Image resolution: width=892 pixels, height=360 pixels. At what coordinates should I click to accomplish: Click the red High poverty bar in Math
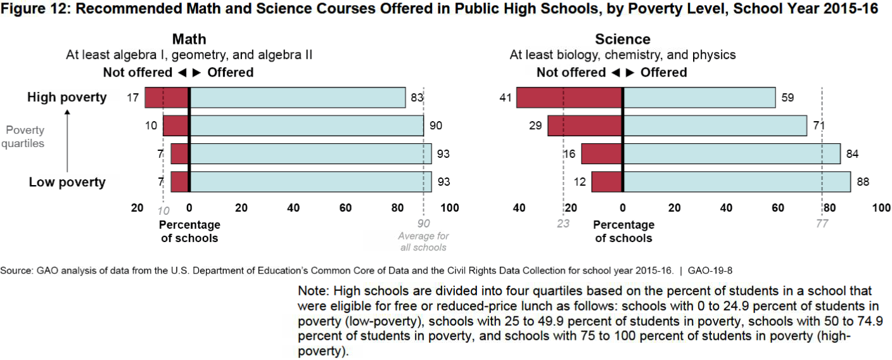[x=167, y=98]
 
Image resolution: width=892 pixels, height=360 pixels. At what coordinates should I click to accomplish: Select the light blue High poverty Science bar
[x=699, y=98]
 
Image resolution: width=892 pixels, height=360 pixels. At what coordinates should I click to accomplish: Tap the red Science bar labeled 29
[x=585, y=125]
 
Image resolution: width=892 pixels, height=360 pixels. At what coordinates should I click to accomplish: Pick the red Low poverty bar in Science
[x=607, y=182]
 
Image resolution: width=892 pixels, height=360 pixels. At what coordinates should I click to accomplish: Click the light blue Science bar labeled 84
[x=732, y=154]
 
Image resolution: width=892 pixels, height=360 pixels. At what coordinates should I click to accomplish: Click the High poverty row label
[x=67, y=98]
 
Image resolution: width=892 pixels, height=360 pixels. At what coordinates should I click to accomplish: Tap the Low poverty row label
[x=67, y=183]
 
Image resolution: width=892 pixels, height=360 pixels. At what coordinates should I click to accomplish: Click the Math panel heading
[x=189, y=39]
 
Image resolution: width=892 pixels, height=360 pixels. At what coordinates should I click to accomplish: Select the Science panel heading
[x=623, y=39]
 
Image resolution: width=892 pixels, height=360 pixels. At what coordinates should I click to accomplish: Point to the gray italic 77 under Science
[x=822, y=223]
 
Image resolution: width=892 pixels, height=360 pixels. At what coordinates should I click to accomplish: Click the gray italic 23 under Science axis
[x=563, y=223]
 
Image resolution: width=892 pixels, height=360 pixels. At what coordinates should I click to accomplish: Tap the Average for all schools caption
[x=423, y=241]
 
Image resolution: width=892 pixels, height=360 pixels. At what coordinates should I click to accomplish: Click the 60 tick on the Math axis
[x=345, y=207]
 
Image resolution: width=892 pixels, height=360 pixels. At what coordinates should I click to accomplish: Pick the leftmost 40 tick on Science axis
[x=519, y=207]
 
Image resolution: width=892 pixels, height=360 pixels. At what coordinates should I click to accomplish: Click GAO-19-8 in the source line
[x=710, y=271]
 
